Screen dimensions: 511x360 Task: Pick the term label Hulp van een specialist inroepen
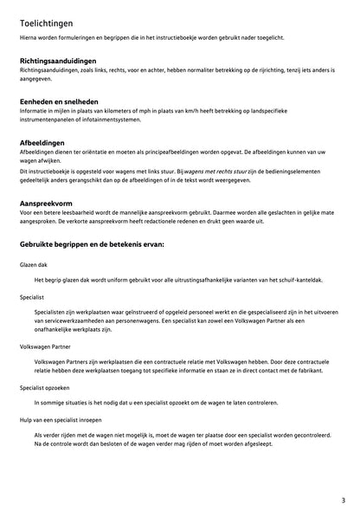click(x=61, y=418)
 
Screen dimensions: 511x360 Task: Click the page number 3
click(x=343, y=500)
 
